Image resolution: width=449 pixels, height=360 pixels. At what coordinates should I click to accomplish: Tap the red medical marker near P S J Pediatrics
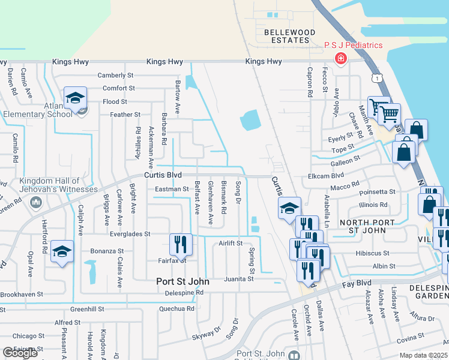340,59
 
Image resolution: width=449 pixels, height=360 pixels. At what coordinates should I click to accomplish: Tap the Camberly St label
115,76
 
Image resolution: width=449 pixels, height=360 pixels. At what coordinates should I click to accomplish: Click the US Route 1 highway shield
376,78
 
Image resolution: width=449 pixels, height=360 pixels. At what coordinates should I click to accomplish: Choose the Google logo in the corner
20,353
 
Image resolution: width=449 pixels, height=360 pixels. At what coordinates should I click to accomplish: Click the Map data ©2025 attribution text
423,355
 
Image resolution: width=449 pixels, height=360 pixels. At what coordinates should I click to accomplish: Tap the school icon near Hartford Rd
62,251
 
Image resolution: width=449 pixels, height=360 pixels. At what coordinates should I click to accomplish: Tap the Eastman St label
172,190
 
